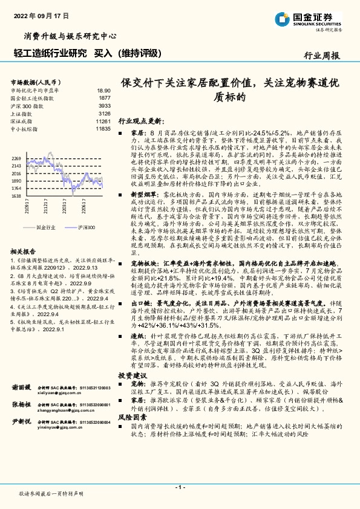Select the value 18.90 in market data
[x=103, y=89]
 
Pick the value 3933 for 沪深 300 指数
[x=104, y=105]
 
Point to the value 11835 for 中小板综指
[x=103, y=129]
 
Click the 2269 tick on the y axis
[x=16, y=158]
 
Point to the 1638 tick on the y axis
[x=16, y=196]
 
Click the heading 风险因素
[x=132, y=417]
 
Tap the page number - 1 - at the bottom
[x=180, y=486]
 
